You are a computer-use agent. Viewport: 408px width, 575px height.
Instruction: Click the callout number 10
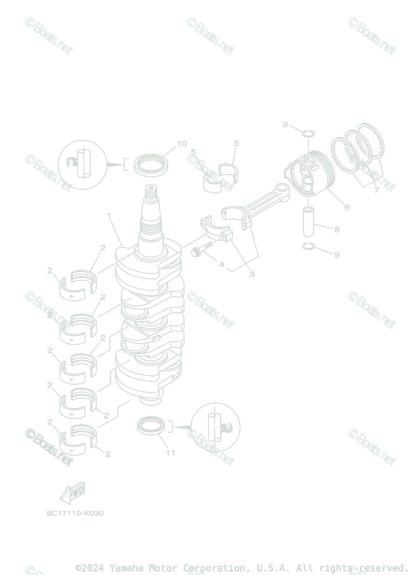click(x=182, y=143)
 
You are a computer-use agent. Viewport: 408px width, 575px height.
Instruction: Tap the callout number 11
click(x=170, y=453)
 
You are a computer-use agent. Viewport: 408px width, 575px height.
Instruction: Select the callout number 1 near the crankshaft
click(x=109, y=216)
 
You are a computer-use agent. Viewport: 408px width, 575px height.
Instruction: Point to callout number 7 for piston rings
click(x=376, y=190)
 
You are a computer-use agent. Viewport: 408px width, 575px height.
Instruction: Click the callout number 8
click(x=337, y=230)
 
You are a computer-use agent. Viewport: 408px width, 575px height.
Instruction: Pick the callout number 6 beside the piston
click(x=346, y=207)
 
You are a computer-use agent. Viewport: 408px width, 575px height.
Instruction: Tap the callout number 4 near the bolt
click(x=221, y=264)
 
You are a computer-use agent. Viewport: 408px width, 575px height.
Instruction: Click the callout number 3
click(x=251, y=275)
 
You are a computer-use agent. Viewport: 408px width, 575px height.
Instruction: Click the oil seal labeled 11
click(x=153, y=425)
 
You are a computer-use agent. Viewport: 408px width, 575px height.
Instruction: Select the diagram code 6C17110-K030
click(x=75, y=513)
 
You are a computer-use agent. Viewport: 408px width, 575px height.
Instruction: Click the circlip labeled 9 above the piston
click(x=308, y=132)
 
